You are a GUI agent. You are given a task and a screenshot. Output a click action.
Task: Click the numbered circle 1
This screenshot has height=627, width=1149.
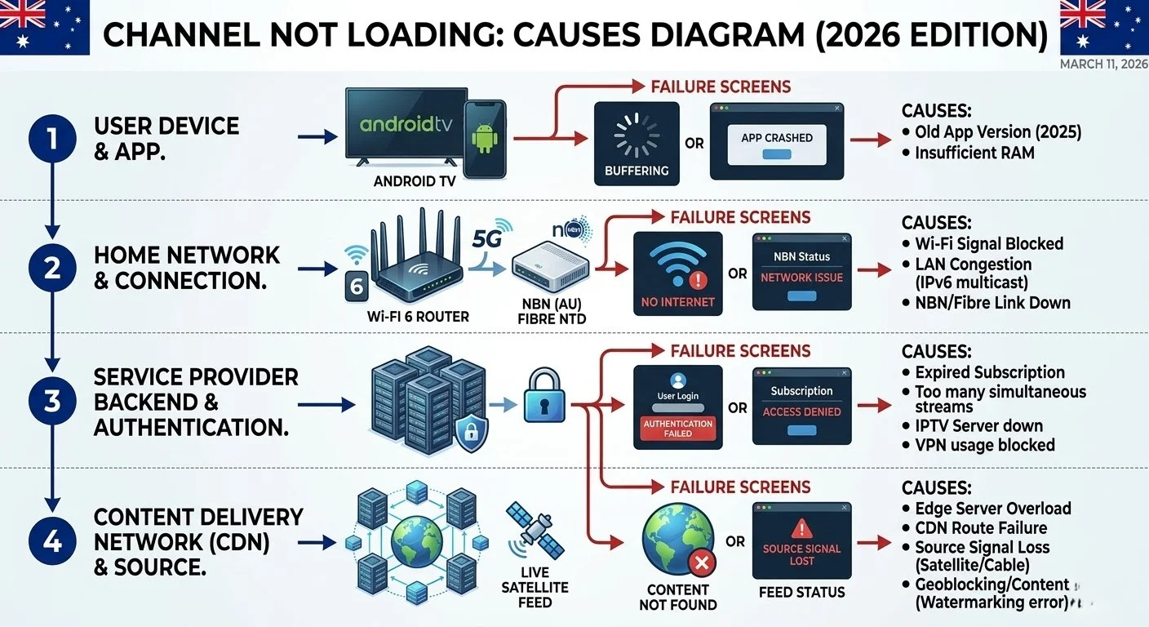(52, 138)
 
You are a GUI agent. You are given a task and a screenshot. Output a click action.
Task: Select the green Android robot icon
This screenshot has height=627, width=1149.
(485, 138)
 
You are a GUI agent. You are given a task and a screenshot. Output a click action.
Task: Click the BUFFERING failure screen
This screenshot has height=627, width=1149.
(637, 144)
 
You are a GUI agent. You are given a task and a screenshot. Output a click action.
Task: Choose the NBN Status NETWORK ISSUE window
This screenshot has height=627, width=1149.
(801, 272)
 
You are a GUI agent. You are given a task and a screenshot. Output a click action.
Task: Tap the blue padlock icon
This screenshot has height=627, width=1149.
(544, 396)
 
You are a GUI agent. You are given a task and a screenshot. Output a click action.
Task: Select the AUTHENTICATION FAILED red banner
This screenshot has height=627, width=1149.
(677, 429)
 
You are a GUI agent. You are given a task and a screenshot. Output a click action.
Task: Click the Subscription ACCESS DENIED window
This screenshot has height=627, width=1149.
(801, 406)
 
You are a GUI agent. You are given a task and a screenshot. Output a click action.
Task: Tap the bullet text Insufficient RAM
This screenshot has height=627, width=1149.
(974, 153)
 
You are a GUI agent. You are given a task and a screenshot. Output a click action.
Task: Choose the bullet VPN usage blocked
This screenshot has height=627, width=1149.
(984, 445)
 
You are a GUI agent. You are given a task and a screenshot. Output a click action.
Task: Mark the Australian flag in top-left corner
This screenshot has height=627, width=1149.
(45, 26)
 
